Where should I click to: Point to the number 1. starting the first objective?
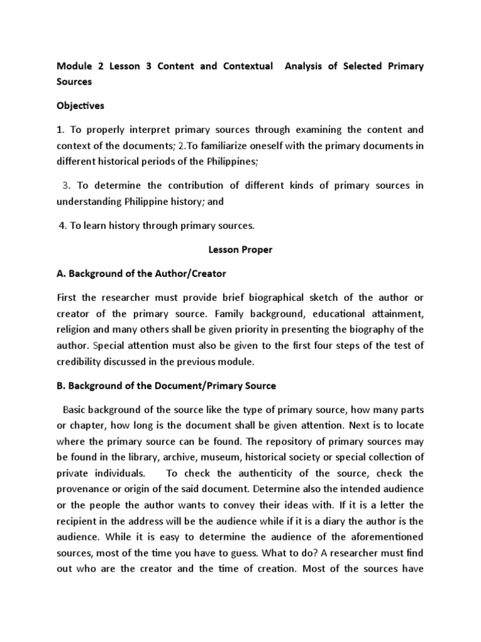pyautogui.click(x=60, y=130)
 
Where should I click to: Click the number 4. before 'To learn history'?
pyautogui.click(x=63, y=226)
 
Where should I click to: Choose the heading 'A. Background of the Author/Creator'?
pyautogui.click(x=141, y=274)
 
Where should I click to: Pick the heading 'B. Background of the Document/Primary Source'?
pyautogui.click(x=166, y=385)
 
